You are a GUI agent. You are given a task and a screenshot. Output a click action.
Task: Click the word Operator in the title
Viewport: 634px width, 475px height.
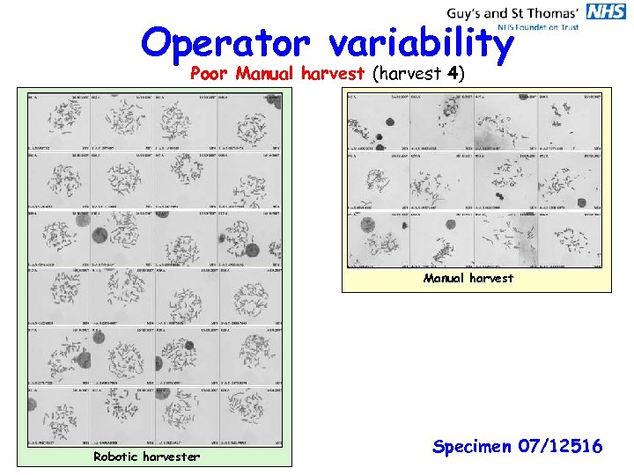pos(225,42)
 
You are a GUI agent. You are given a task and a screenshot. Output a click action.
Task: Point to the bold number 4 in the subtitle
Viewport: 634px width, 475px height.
pos(451,74)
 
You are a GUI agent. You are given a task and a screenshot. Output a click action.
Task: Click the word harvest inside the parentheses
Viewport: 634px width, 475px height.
pos(409,75)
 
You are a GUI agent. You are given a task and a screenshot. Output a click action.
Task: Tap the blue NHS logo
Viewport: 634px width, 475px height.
pos(606,11)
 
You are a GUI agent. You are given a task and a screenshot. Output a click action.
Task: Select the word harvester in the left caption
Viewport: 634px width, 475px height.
pos(172,456)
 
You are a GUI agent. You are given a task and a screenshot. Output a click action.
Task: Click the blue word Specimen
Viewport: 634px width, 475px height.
pos(473,447)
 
